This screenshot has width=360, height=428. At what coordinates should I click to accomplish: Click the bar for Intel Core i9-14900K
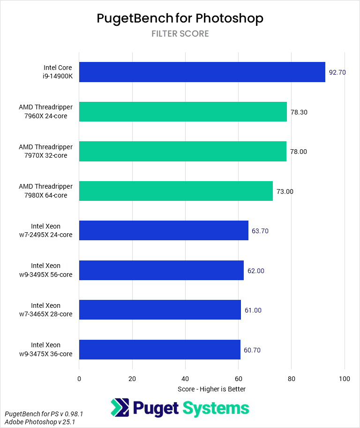pyautogui.click(x=202, y=72)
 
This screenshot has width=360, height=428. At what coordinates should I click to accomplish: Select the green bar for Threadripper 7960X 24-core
pyautogui.click(x=183, y=112)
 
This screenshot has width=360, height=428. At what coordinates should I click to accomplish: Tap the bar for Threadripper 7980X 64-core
pyautogui.click(x=176, y=191)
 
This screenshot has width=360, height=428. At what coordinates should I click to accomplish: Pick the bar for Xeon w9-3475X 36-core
pyautogui.click(x=159, y=350)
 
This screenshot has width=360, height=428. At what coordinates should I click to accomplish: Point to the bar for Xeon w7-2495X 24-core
pyautogui.click(x=164, y=230)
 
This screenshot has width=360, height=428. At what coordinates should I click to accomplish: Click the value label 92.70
pyautogui.click(x=337, y=73)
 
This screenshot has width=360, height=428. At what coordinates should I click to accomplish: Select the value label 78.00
pyautogui.click(x=299, y=152)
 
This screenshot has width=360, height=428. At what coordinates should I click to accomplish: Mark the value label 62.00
pyautogui.click(x=256, y=271)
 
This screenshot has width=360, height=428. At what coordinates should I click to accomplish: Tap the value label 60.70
pyautogui.click(x=253, y=350)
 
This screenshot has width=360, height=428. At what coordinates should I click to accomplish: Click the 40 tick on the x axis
pyautogui.click(x=186, y=379)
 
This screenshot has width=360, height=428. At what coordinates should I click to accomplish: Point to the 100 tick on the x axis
pyautogui.click(x=345, y=379)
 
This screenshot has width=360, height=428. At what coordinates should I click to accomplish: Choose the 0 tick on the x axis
pyautogui.click(x=79, y=379)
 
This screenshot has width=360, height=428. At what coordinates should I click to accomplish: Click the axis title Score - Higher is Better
pyautogui.click(x=211, y=389)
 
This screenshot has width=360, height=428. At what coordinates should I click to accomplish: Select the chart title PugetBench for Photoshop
pyautogui.click(x=180, y=18)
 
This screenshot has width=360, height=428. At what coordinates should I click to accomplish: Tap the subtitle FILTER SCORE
pyautogui.click(x=180, y=34)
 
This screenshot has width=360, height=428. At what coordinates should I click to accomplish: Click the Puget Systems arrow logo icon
pyautogui.click(x=120, y=408)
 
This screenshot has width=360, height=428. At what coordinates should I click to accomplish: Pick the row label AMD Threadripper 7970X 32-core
pyautogui.click(x=46, y=152)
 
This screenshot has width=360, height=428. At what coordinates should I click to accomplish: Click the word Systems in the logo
pyautogui.click(x=216, y=408)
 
